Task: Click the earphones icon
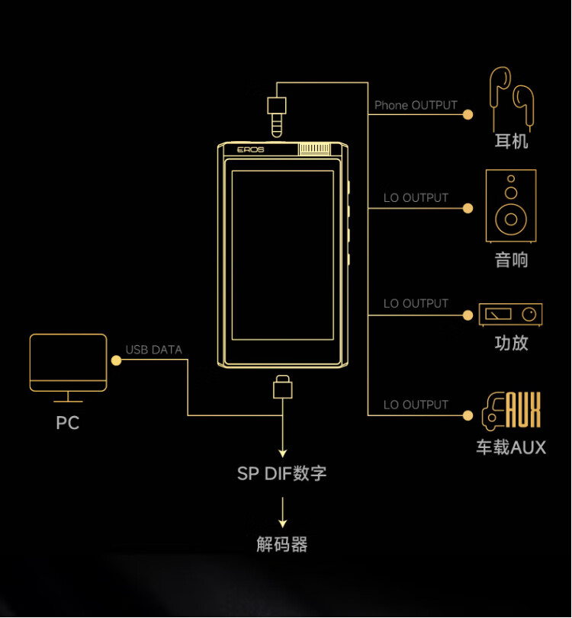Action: coord(512,98)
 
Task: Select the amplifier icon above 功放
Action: coord(510,314)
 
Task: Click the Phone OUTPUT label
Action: coord(416,105)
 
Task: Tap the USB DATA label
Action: coord(154,351)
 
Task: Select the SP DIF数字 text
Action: coord(282,473)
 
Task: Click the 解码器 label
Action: coord(282,545)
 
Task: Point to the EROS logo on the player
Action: coord(250,150)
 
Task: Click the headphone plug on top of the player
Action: coord(277,114)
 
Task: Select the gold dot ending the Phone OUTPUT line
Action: coord(468,114)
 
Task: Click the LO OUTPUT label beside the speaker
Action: coord(416,198)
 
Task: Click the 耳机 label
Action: coord(511,141)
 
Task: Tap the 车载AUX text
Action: coord(511,447)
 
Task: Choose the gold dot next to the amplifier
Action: coord(468,314)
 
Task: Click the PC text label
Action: coord(67,423)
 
